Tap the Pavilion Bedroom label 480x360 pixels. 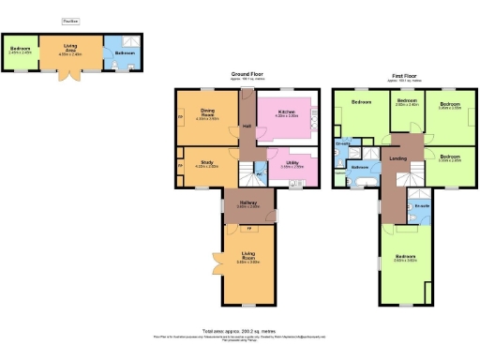pyautogui.click(x=21, y=49)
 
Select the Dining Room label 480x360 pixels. pyautogui.click(x=208, y=114)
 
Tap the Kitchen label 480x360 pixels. pyautogui.click(x=287, y=114)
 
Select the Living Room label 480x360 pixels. pyautogui.click(x=248, y=260)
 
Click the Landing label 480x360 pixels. pyautogui.click(x=397, y=159)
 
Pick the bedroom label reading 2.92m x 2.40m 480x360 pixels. pyautogui.click(x=407, y=103)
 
